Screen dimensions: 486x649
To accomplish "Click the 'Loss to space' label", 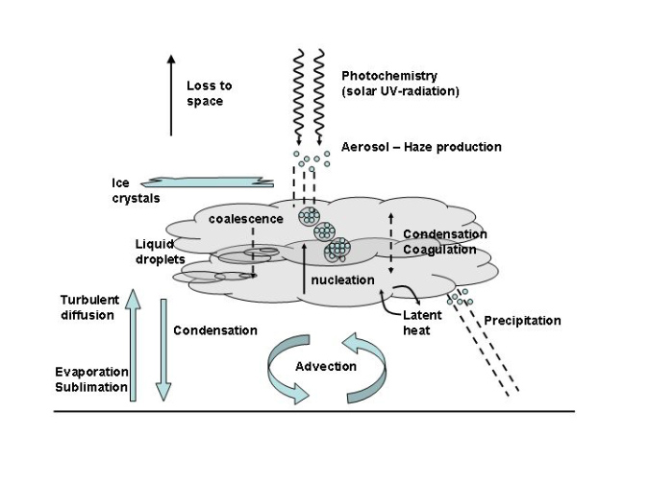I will [x=209, y=92].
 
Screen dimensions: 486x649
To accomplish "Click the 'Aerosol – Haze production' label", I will [x=421, y=147].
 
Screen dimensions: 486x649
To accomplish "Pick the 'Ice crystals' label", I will [x=134, y=191].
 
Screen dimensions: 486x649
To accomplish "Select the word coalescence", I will [x=246, y=218].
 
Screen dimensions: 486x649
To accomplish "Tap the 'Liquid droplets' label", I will [x=160, y=252].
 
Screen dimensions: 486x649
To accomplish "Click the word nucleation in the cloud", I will [x=342, y=279].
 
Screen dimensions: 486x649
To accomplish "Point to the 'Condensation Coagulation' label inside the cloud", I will [x=444, y=242].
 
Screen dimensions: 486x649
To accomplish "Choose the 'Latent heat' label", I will [x=422, y=322].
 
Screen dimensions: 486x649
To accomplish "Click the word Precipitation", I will [x=522, y=320].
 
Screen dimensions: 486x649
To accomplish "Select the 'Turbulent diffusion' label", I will [x=87, y=307].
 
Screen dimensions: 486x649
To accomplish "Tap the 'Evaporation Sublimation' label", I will [x=91, y=379].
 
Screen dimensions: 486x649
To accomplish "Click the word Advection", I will [x=326, y=366].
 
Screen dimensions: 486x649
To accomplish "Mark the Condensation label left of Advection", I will [x=215, y=330].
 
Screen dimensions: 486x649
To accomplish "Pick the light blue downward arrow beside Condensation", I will [x=162, y=350].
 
